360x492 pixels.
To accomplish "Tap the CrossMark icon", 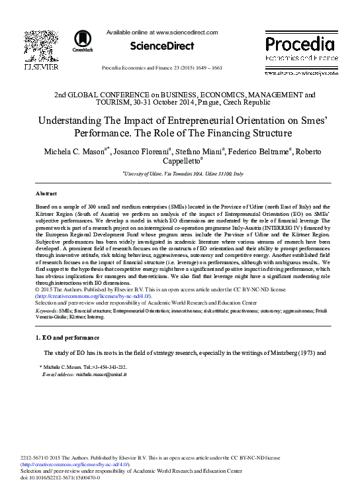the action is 83,40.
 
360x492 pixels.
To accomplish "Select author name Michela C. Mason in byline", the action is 74,152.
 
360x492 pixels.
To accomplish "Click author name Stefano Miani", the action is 200,152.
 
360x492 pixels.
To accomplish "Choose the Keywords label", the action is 48,310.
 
